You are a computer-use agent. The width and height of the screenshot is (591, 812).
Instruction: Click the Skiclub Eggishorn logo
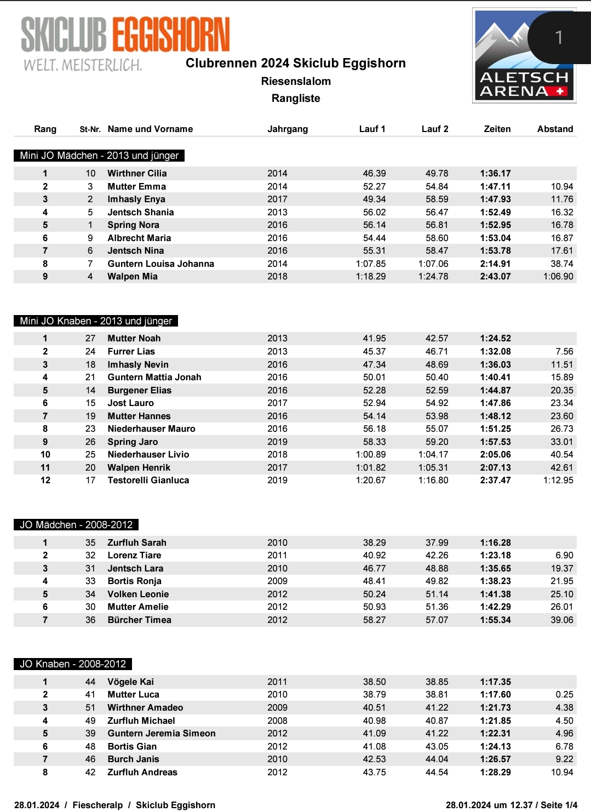coord(125,43)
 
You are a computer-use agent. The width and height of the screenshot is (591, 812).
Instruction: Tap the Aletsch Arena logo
coord(524,55)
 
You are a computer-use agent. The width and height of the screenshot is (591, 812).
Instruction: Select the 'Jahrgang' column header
coord(288,129)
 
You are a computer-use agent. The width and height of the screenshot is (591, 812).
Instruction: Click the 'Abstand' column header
coord(555,129)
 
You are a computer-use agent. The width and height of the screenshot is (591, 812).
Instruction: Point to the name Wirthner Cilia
coord(137,174)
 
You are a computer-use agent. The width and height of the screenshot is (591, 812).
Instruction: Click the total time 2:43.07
coord(495,277)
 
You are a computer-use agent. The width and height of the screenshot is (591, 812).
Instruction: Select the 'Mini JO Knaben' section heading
coord(96,321)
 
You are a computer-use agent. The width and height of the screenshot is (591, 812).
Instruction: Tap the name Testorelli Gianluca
coord(148,481)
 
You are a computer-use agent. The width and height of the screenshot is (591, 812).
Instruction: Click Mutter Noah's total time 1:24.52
coord(495,339)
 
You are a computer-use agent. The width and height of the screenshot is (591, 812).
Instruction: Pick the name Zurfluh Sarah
coord(137,543)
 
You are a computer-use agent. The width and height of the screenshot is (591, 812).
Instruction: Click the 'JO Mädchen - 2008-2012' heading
coord(76,525)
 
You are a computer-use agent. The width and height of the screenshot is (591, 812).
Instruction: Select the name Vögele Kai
coord(130,682)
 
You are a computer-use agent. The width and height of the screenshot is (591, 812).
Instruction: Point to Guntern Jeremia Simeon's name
coord(162,734)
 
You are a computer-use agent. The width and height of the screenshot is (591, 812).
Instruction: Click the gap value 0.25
coord(564,695)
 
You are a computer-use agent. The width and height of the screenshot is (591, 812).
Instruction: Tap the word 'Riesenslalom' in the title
coord(296,82)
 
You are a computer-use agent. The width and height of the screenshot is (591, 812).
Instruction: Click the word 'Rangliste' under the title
coord(296,99)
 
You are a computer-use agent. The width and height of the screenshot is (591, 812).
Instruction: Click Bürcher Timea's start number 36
coord(90,620)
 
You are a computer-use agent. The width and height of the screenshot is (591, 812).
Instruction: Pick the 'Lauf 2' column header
coord(435,129)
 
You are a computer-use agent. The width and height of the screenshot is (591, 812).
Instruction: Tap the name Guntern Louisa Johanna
coord(161,264)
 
